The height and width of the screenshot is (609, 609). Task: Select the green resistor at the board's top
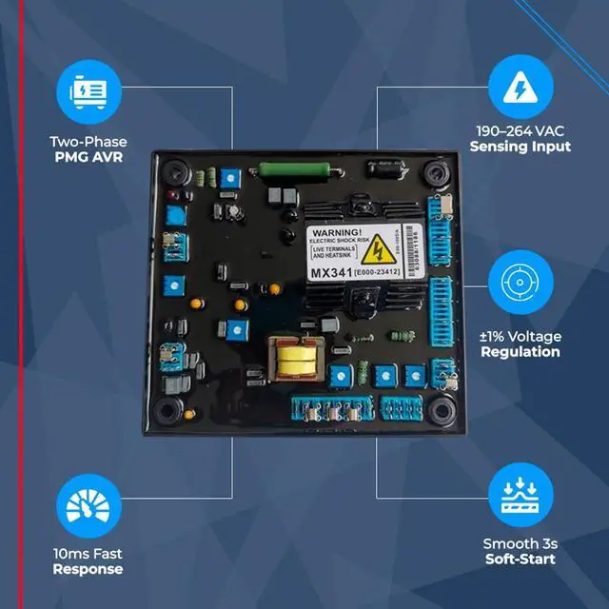(x=285, y=172)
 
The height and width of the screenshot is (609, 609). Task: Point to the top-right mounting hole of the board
(x=437, y=174)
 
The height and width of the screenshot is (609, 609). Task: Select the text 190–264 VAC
(x=521, y=131)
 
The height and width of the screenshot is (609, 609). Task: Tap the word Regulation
(x=521, y=351)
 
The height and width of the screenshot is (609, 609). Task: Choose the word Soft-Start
(x=521, y=559)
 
